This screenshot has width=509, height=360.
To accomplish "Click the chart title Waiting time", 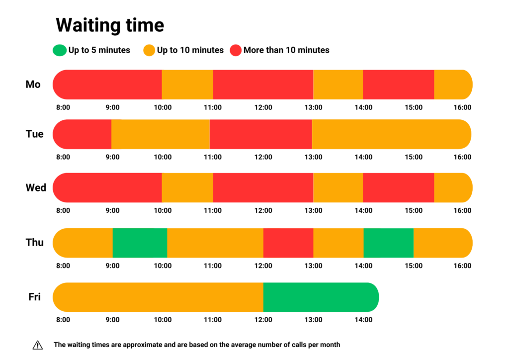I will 109,24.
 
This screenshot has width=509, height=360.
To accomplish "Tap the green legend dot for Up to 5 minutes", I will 59,50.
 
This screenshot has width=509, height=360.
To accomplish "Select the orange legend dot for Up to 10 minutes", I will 149,50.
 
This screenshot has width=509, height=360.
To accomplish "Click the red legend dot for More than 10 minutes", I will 236,50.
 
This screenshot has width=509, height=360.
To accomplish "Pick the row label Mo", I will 33,85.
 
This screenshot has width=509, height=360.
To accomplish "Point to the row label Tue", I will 34,134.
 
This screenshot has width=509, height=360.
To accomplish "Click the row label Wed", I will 36,188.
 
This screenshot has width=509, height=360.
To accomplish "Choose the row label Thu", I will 35,243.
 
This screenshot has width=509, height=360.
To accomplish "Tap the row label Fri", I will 34,297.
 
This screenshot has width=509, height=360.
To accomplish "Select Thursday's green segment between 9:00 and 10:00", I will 140,243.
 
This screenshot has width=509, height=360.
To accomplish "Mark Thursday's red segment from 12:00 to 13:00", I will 288,243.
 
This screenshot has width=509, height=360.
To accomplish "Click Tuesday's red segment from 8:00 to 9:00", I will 83,134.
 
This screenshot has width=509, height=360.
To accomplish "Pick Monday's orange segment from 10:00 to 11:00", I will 187,85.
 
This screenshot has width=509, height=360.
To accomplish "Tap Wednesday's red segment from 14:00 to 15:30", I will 398,188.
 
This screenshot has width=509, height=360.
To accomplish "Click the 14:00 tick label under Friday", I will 363,320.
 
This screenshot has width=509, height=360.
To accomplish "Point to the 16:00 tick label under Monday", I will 463,107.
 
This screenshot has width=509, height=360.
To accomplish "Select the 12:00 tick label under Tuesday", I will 263,157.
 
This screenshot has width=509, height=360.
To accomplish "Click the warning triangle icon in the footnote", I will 38,345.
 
